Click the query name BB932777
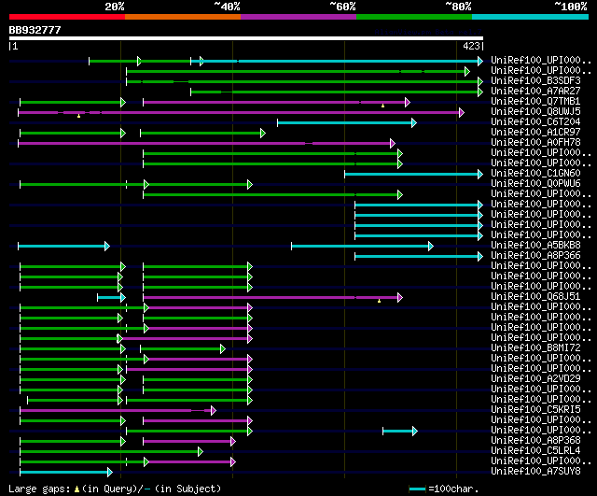tap(35, 30)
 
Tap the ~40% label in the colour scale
tap(227, 6)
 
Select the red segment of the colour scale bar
tap(66, 16)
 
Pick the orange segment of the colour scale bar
tap(182, 16)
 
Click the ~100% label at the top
tap(569, 6)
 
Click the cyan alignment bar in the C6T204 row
tap(345, 122)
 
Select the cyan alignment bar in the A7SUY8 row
tap(64, 472)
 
